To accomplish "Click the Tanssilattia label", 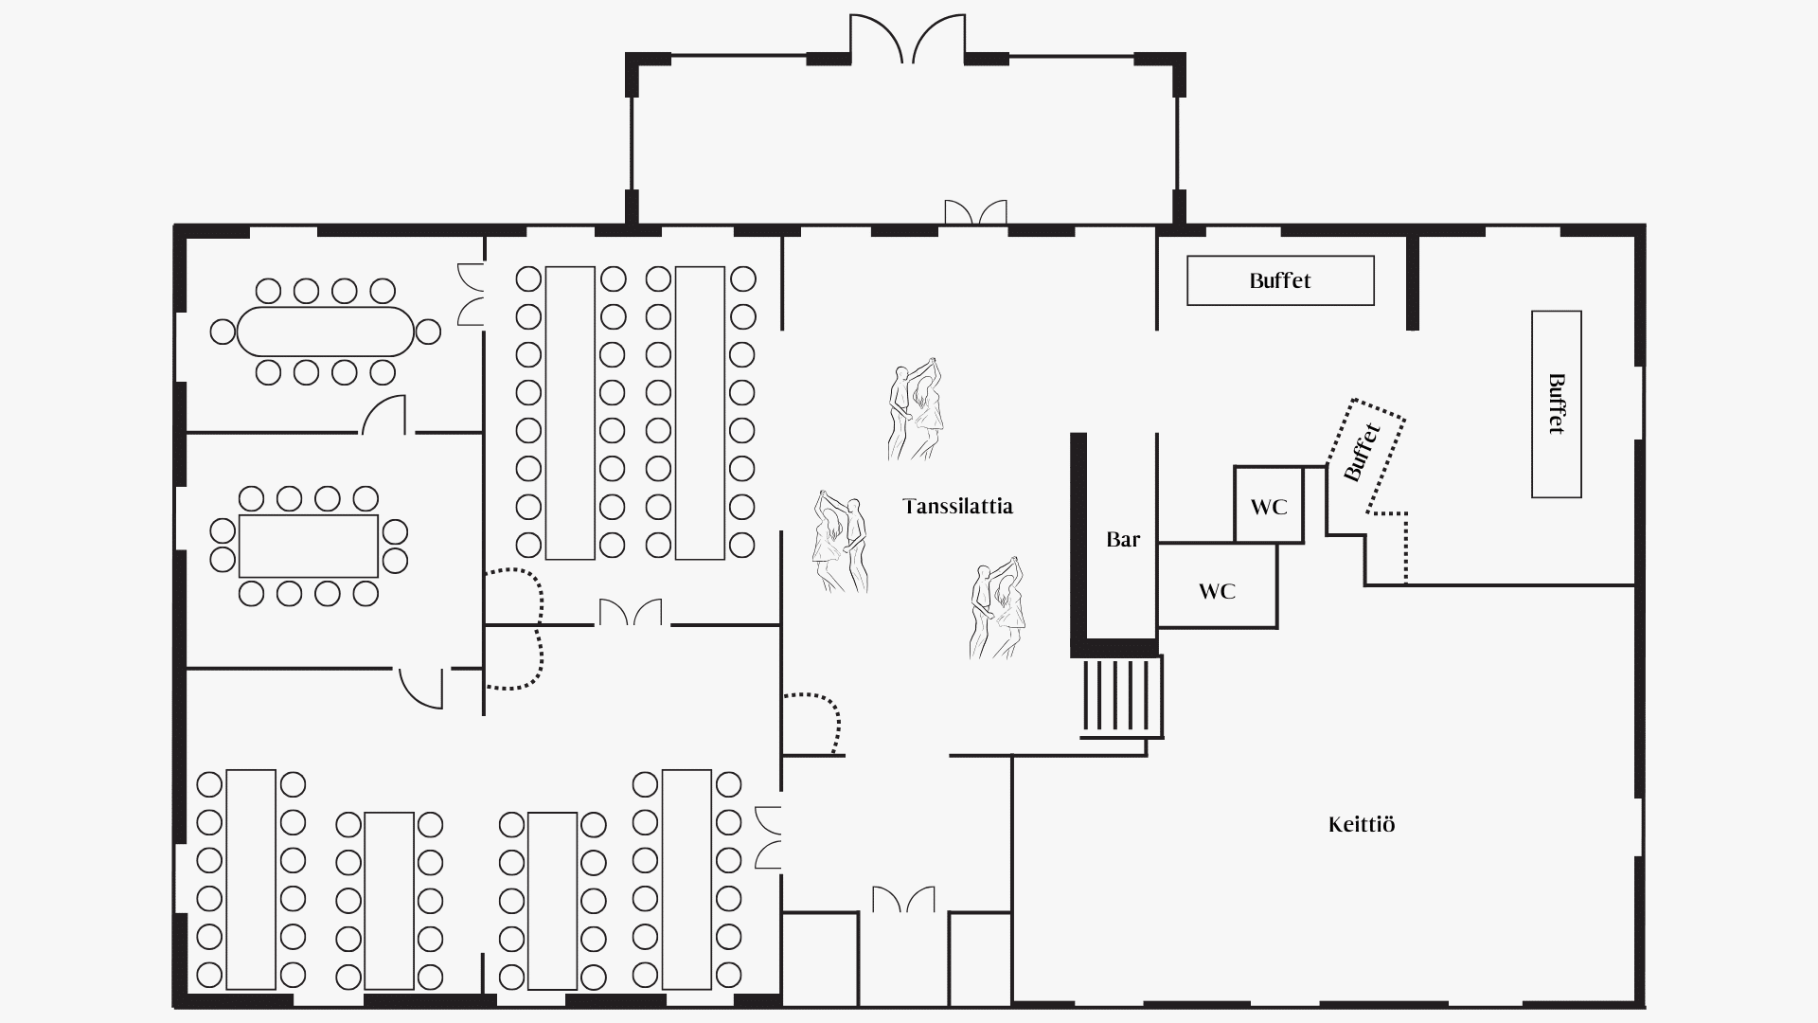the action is (x=957, y=506).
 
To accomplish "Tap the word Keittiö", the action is (x=1362, y=824).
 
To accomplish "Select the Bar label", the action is (x=1123, y=539).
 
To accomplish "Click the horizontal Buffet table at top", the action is (x=1280, y=280).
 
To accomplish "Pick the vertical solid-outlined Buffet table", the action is (x=1557, y=404).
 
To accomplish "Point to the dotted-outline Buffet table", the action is (x=1365, y=455).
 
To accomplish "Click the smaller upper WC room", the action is (x=1269, y=505).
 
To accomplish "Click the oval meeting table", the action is (x=326, y=332).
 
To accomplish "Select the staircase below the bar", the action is (x=1122, y=697).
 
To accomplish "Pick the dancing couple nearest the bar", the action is (x=998, y=607).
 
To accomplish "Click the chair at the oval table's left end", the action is (x=223, y=332).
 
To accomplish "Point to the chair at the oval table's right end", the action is (x=428, y=332).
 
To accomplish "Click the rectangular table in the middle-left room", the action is (x=309, y=546).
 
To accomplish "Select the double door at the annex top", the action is (x=907, y=38).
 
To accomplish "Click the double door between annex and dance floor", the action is (x=975, y=213).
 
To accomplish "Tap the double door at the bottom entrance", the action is (x=903, y=899).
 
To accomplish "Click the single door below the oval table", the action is (x=384, y=414).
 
